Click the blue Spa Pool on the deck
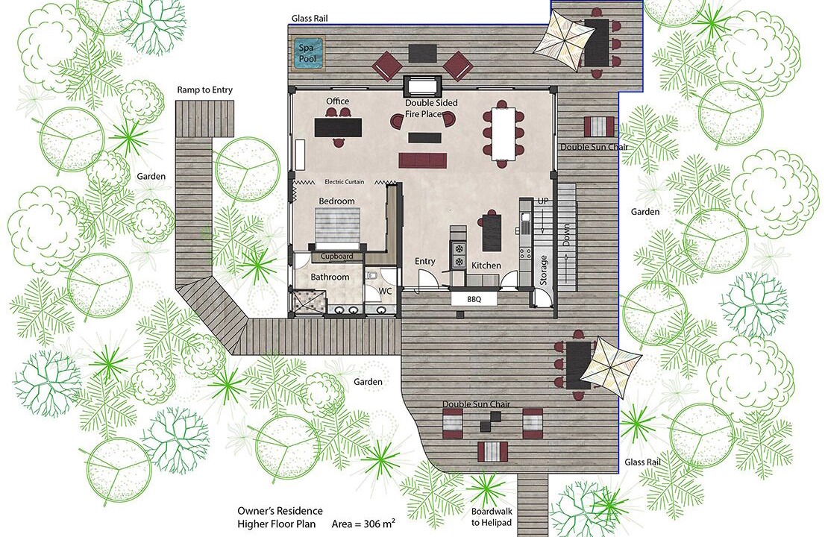[308, 54]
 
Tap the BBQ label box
[474, 299]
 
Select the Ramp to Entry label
[204, 90]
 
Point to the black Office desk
[339, 127]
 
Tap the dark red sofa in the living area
[422, 160]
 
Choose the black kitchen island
[492, 233]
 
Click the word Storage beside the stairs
[544, 270]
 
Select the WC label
[385, 292]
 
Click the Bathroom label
[330, 277]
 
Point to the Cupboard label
[336, 257]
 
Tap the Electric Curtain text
[344, 182]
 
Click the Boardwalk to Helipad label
[492, 517]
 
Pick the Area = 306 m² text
[363, 524]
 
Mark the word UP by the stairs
[543, 201]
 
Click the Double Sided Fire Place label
[431, 108]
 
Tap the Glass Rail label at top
[310, 19]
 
